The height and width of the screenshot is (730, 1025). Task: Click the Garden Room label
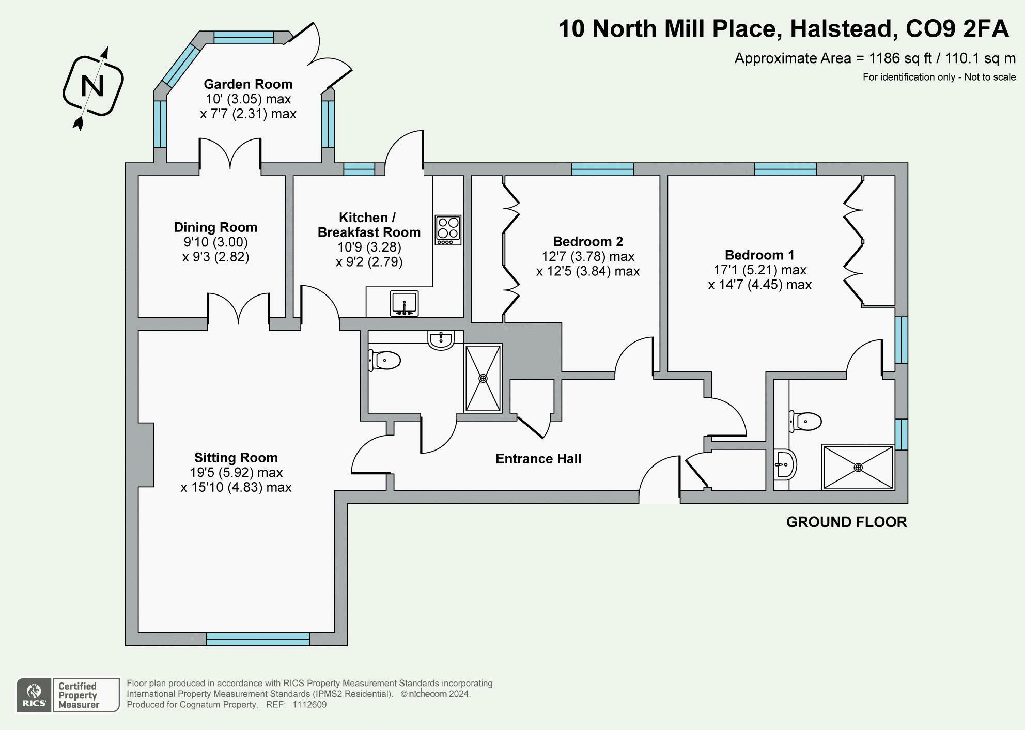248,84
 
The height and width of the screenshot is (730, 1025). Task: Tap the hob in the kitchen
448,229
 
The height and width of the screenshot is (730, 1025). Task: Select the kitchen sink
405,303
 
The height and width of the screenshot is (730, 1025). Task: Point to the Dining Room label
215,227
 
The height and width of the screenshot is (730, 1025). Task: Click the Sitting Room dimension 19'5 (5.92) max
236,473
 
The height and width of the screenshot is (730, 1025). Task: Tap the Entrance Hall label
538,459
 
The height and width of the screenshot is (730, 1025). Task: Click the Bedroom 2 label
588,242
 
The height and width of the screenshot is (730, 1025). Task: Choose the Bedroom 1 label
759,255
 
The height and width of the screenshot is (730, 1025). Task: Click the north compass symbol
93,86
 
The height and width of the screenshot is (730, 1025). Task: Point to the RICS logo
34,695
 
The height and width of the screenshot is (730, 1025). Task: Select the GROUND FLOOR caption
846,522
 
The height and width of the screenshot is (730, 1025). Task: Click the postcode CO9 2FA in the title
957,29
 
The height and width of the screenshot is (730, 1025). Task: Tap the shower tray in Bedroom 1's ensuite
858,467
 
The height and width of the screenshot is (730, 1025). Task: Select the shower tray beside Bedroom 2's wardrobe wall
483,378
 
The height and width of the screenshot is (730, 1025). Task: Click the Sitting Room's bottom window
258,639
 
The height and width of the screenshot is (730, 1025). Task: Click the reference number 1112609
309,705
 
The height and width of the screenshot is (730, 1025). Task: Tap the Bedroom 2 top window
602,169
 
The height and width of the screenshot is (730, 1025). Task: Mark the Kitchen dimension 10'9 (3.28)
369,247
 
